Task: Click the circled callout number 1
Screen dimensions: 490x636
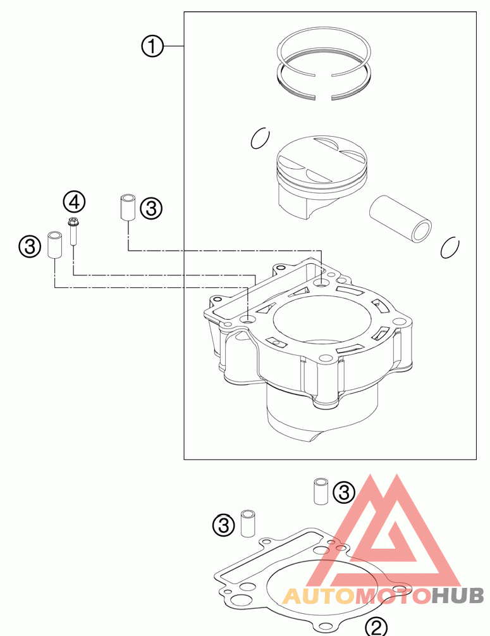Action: (x=152, y=46)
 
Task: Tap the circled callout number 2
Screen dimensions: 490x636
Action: (x=377, y=627)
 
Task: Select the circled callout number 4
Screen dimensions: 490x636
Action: (x=73, y=202)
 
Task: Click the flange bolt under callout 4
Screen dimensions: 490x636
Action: (x=73, y=231)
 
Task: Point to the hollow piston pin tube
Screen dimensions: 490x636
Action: (x=400, y=218)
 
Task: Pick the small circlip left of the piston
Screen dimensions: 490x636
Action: (x=260, y=139)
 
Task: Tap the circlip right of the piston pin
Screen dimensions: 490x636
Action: (x=450, y=247)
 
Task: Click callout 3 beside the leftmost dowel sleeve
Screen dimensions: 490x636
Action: (x=30, y=246)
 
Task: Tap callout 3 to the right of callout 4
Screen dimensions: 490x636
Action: (x=152, y=208)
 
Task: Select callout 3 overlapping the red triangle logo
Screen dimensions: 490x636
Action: (x=343, y=491)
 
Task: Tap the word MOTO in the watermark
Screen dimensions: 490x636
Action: (x=392, y=595)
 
